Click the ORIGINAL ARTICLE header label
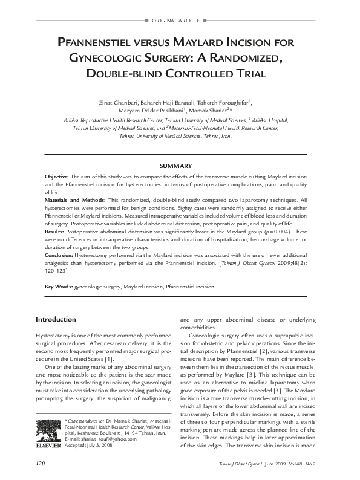[x=180, y=21]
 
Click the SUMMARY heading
[x=175, y=166]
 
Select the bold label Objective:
[x=57, y=175]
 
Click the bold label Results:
[x=54, y=231]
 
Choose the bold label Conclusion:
[x=59, y=255]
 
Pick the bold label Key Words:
[x=59, y=287]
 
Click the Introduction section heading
[x=55, y=319]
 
